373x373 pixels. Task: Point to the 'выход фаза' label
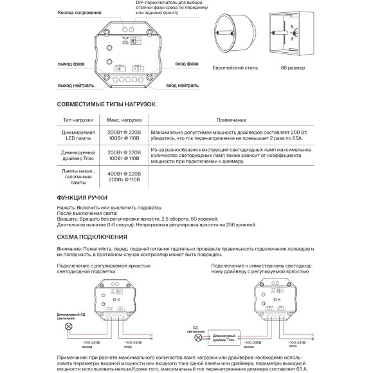click(x=72, y=65)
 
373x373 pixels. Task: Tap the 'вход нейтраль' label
click(x=194, y=85)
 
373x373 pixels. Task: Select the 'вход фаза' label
click(x=186, y=65)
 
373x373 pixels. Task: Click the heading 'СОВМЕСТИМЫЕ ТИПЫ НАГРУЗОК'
click(x=106, y=104)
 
